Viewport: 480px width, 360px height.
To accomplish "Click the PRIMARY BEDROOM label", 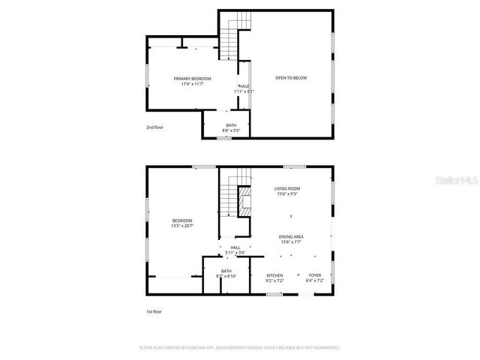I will click(193, 79).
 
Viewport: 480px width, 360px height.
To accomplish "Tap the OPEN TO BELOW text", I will click(291, 78).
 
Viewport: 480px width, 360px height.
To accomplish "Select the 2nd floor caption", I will click(154, 127).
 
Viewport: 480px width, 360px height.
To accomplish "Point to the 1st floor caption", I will click(154, 311).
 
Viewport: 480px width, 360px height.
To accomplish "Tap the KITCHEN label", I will click(274, 275).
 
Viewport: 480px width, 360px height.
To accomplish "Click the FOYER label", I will click(315, 275).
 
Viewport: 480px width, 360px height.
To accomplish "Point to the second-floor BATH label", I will click(231, 126).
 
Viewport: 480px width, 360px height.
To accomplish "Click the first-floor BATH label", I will click(226, 271).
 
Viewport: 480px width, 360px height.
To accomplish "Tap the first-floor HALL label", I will click(235, 247).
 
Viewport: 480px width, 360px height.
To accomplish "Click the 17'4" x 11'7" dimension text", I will click(193, 84).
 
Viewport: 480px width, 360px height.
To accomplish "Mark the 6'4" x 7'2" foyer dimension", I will click(315, 280).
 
